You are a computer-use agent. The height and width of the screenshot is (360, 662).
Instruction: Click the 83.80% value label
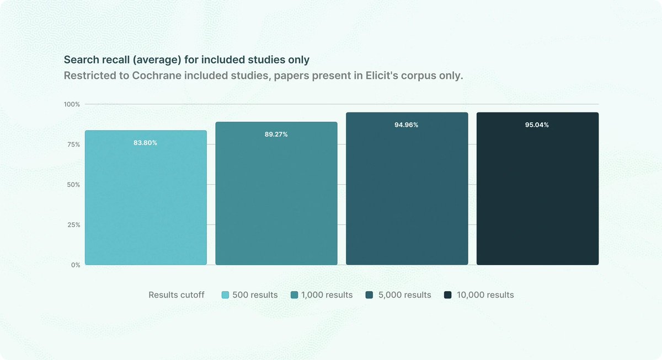145,143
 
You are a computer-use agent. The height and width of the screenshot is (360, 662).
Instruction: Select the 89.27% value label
276,135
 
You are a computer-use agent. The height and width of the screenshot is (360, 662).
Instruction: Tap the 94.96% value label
407,125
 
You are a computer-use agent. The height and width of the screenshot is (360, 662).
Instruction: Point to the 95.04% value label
537,125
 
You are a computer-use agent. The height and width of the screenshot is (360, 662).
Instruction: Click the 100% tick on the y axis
72,104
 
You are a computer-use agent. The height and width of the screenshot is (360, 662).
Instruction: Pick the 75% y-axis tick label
73,144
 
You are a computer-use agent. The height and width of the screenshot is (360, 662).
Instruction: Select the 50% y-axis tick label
73,185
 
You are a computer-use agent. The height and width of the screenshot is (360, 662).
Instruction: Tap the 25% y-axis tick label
73,225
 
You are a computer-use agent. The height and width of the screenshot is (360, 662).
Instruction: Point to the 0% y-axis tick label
76,265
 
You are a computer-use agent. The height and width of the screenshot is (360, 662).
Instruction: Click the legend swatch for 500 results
225,295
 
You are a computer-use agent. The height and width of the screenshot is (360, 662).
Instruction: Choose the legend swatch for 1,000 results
295,295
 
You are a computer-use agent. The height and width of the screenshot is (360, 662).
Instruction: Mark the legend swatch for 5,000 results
370,295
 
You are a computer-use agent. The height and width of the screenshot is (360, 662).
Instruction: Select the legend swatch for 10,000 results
448,295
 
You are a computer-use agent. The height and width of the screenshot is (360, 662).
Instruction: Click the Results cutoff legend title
177,295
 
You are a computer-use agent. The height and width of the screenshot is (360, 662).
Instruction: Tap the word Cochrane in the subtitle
156,76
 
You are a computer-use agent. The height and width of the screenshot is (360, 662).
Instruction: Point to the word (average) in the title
157,60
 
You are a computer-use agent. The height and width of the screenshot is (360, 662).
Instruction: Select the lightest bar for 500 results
146,197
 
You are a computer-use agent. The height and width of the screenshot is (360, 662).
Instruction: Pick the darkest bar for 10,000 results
537,189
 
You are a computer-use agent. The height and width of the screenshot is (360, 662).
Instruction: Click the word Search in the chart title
81,60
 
